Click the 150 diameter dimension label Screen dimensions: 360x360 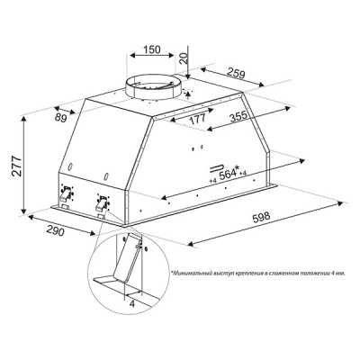click(x=151, y=49)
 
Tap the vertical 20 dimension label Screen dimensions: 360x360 click(x=184, y=57)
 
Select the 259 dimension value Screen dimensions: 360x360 click(x=236, y=73)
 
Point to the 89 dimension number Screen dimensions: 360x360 click(x=61, y=118)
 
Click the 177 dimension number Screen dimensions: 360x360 click(x=198, y=119)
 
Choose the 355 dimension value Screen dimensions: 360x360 click(x=238, y=116)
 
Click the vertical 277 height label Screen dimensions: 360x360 click(x=17, y=166)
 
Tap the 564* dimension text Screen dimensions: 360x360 click(x=229, y=173)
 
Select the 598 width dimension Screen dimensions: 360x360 click(x=262, y=217)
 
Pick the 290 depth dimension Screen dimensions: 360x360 click(x=55, y=230)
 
